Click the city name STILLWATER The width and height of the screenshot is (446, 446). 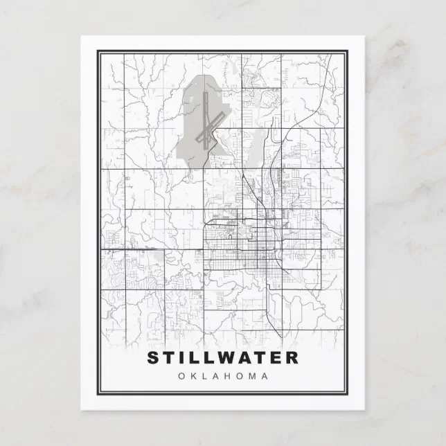coord(223,358)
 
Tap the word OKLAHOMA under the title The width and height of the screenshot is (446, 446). coord(223,376)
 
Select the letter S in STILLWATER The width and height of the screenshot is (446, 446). coord(153,358)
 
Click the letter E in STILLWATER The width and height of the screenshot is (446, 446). coord(276,358)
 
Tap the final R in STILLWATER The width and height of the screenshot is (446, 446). coord(292,358)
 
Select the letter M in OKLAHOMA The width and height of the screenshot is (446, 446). coord(251,376)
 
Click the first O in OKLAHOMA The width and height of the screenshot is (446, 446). coord(181,376)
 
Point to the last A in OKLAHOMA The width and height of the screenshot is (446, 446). coord(265,376)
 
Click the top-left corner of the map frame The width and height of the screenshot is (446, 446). coord(98,50)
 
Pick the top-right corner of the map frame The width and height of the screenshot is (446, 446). coord(349,50)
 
